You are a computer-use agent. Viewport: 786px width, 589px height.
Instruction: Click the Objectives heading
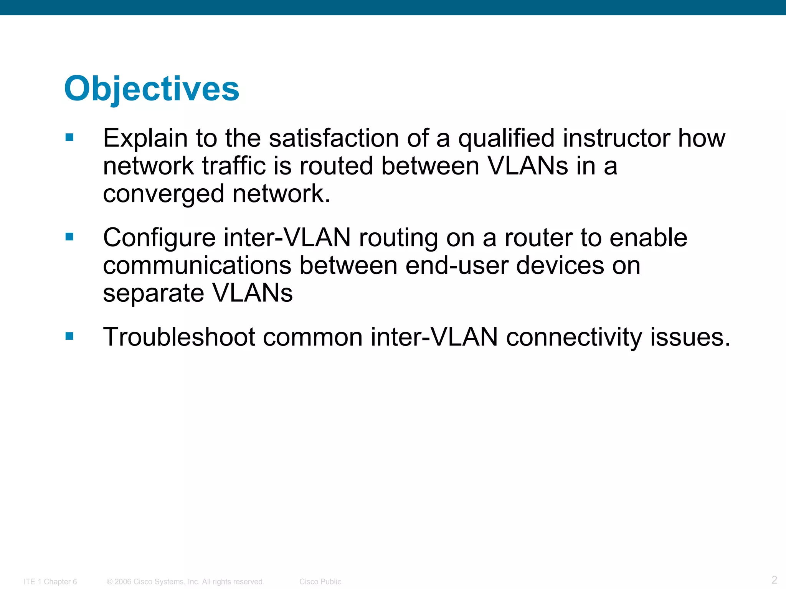152,89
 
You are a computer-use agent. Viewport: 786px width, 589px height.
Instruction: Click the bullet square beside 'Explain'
69,137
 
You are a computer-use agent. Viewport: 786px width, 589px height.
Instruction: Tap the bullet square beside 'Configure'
69,237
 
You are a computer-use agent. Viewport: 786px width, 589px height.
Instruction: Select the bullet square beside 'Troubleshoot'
69,336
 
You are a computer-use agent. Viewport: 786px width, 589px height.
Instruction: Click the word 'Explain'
145,138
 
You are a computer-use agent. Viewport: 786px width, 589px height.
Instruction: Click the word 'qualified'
506,138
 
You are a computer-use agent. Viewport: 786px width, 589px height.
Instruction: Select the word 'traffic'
234,166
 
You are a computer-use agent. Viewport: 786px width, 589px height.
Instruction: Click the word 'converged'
163,194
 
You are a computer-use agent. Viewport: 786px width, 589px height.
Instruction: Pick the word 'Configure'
159,238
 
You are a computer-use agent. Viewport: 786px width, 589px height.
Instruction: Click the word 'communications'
197,265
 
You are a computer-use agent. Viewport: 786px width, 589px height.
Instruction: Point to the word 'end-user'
457,265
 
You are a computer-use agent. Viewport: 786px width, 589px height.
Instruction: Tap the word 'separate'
154,294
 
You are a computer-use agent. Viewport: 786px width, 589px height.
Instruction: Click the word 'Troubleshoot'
179,337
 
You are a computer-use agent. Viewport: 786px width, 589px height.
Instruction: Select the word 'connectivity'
574,337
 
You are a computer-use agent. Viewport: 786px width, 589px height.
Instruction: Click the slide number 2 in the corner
774,579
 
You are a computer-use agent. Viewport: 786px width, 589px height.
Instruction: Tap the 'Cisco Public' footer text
320,582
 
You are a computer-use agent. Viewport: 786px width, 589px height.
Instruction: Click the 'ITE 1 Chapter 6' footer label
50,582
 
